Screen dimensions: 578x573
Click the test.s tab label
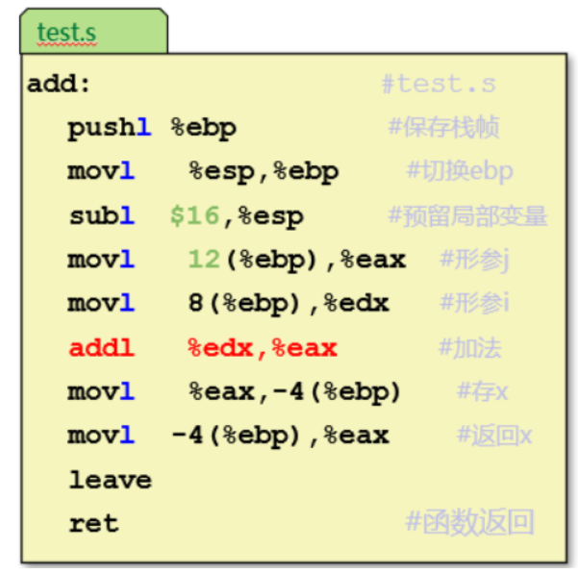point(66,32)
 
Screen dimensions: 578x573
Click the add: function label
point(59,84)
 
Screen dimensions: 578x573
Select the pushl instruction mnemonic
point(109,128)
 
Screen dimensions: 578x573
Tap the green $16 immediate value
point(195,215)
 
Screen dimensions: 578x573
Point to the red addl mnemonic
point(101,347)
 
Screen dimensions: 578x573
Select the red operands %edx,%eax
point(262,347)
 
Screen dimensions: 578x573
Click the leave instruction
point(110,479)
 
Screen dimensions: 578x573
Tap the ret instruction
point(93,523)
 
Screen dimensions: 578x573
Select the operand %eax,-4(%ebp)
point(294,391)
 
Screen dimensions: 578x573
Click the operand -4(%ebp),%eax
point(280,436)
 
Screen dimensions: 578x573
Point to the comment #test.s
point(438,84)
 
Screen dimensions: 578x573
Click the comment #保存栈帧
point(443,128)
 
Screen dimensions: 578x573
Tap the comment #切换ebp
point(459,172)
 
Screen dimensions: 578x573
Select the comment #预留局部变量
point(467,215)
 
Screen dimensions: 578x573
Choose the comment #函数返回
point(469,523)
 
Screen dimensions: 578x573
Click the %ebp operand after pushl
point(203,128)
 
